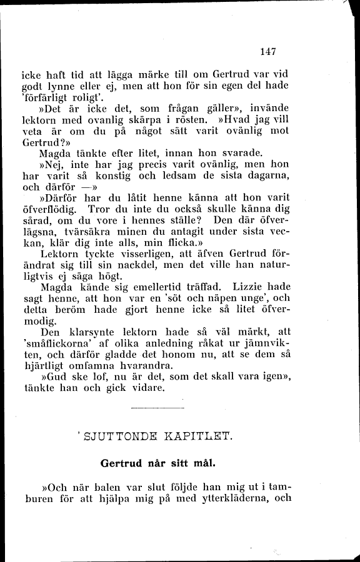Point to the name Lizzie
251,288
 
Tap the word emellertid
157,288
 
